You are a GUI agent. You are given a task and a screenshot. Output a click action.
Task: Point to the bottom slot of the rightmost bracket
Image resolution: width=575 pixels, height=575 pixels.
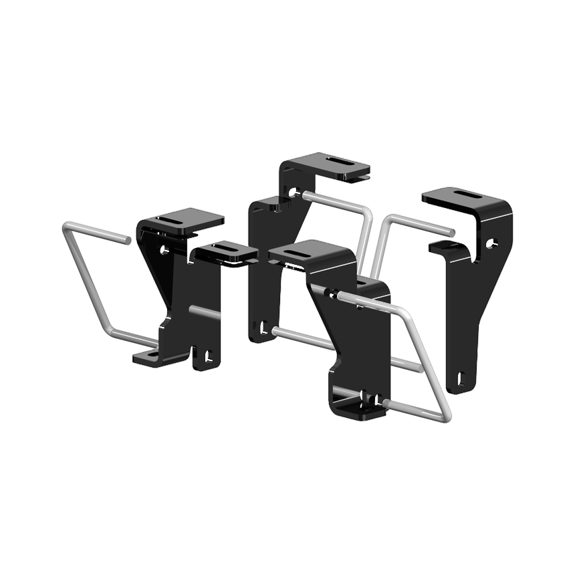462,379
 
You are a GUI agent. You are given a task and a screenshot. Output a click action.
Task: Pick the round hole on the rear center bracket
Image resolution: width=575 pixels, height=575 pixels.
292,193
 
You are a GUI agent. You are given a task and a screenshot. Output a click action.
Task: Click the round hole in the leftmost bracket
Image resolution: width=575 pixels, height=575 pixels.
164,249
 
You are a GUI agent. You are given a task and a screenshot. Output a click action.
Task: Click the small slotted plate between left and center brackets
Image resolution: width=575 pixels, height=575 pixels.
224,252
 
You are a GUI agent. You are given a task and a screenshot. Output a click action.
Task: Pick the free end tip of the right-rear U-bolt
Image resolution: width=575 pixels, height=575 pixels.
453,232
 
